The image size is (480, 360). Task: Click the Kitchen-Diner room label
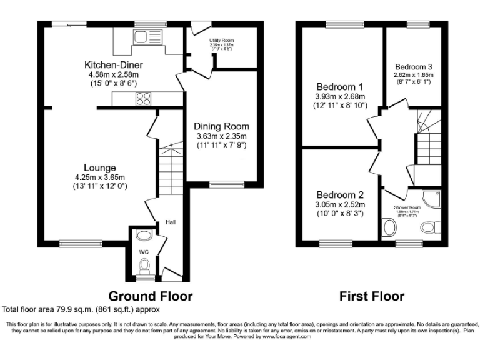coord(115,64)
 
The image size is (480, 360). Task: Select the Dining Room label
coord(222,126)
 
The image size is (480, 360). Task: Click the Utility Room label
coord(221,40)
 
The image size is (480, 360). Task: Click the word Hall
coord(171,222)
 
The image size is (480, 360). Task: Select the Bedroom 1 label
coord(339,86)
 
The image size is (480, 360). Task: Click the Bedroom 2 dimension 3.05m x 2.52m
coord(339,204)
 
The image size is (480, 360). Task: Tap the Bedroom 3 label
coord(413,66)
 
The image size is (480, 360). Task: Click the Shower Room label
coord(407,207)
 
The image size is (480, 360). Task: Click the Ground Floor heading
coord(151,296)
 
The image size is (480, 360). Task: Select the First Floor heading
coord(372,296)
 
